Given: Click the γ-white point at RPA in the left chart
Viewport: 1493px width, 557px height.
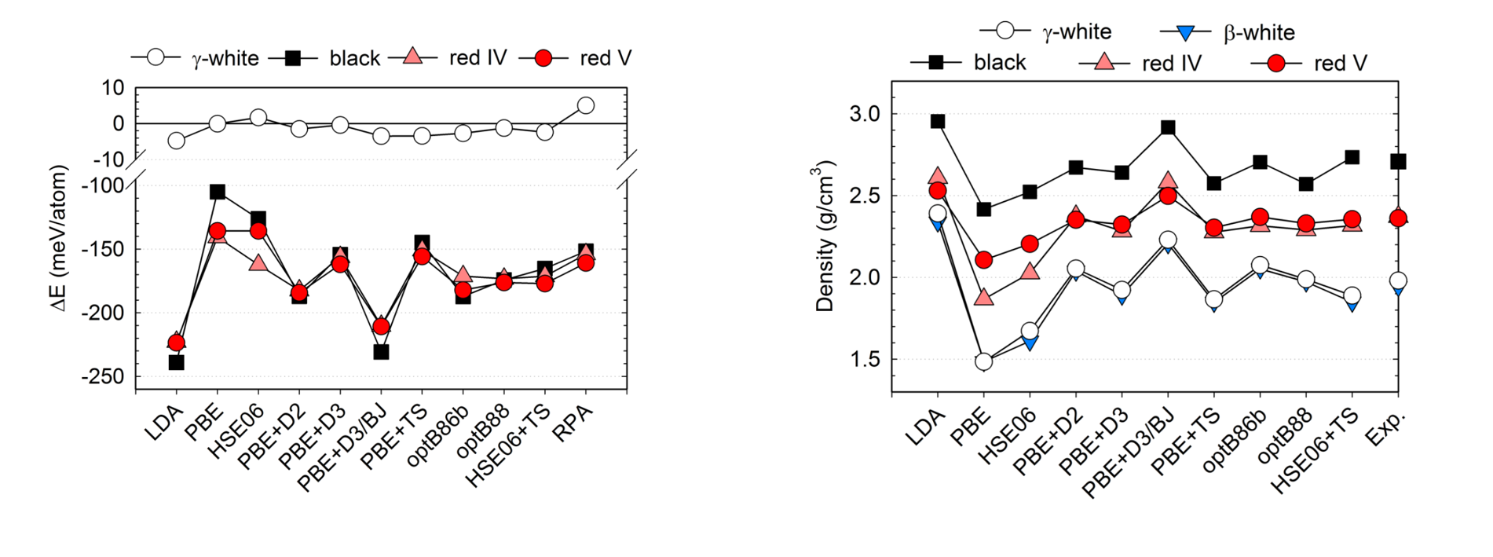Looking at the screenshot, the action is point(585,105).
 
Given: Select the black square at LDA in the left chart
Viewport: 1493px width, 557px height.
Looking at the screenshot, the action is point(177,362).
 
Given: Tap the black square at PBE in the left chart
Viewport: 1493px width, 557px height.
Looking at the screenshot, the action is point(218,192).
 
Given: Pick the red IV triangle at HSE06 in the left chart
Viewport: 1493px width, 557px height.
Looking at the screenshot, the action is point(258,262).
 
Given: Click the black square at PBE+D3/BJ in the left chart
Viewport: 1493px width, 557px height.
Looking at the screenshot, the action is point(381,352).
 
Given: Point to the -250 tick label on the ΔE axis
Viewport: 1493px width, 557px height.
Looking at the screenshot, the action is point(102,377).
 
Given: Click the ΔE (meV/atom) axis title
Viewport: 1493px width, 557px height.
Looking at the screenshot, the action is point(60,238).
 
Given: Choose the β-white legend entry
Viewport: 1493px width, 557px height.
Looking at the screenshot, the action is point(1227,32).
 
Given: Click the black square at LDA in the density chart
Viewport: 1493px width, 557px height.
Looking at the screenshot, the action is point(937,121).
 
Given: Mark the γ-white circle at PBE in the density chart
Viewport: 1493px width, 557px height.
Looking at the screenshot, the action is point(983,361).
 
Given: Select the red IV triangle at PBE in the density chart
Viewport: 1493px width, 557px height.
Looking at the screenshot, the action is point(983,297).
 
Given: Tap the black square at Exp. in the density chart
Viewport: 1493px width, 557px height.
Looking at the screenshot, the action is point(1398,161).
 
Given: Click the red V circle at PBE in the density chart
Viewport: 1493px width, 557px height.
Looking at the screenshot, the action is point(983,260).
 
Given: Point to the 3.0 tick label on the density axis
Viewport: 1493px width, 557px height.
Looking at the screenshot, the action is point(864,114).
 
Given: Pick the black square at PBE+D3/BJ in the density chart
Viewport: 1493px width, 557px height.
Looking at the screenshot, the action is point(1168,127).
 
